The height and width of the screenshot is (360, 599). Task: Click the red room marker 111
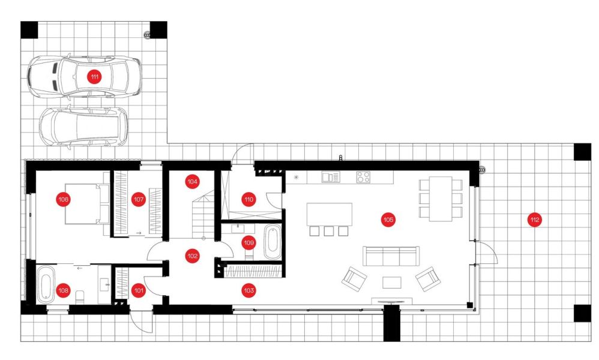coord(94,77)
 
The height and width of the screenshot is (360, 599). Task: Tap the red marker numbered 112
coord(534,220)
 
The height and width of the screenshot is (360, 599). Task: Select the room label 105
coord(388,220)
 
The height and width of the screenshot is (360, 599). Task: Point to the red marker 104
coord(192,182)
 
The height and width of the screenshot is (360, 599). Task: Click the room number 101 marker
coord(138,290)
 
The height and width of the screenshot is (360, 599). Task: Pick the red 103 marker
coord(248,290)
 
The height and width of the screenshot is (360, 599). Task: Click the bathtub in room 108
coord(46,283)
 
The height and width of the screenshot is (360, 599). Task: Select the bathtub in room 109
coord(272,242)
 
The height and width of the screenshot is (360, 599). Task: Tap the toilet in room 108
coord(80,297)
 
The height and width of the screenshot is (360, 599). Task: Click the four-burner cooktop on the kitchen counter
coord(363,177)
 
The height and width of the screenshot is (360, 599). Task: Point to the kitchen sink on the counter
coord(331,177)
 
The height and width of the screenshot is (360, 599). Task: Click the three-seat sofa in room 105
coord(391,256)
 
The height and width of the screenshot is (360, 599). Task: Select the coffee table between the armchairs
coord(392,283)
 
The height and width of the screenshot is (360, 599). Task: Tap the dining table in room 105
coord(441,199)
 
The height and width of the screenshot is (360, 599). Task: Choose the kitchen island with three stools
coord(330,214)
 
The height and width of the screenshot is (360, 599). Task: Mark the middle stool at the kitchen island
coord(328,231)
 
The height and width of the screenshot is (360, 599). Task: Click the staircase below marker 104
coord(203,215)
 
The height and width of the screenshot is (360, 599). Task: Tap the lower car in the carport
coord(83,127)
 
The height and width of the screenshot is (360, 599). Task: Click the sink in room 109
coord(238,228)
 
